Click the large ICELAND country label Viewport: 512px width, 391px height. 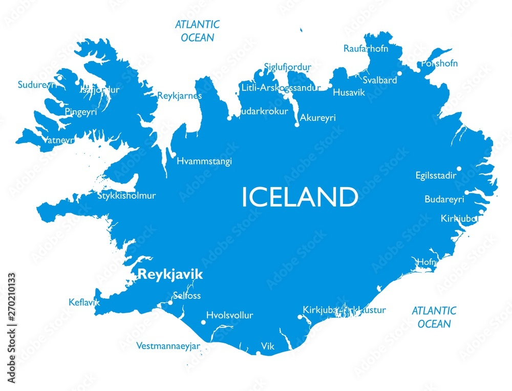tap(300, 197)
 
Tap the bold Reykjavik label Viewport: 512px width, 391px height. tap(170, 275)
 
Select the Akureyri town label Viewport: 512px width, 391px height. tap(317, 118)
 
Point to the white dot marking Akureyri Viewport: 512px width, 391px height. tap(297, 125)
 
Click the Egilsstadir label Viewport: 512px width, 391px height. tap(436, 176)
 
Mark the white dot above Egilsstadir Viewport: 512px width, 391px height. tap(459, 169)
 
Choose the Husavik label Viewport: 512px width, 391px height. tap(349, 93)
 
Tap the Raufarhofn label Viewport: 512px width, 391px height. tap(366, 49)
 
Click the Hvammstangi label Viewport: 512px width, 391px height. tap(204, 161)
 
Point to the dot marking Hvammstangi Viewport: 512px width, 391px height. tap(174, 155)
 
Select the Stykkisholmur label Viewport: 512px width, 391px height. tap(126, 195)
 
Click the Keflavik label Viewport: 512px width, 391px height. tap(84, 302)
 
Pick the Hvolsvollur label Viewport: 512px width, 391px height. tap(229, 315)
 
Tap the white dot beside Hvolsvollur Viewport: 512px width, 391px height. tap(204, 322)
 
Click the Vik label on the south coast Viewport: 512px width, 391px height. tap(268, 346)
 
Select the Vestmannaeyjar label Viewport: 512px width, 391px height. tap(168, 346)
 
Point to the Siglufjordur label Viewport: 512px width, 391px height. tap(287, 67)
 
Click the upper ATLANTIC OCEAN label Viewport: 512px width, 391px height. tap(197, 31)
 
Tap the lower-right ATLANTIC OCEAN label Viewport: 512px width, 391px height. tap(434, 317)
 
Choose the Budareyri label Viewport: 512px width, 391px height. tap(444, 199)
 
